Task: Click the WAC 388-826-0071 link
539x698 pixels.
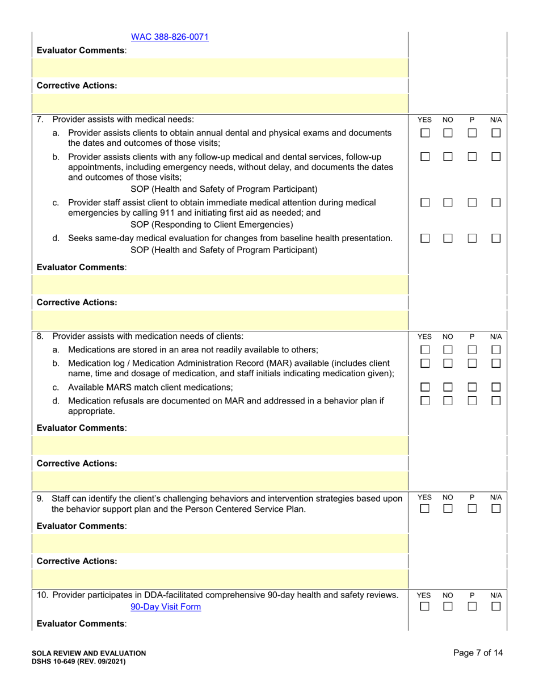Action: coord(170,37)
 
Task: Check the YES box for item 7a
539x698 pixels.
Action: coord(424,133)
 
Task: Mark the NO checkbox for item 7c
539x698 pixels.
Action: coord(448,203)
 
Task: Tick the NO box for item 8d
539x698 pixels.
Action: coord(448,401)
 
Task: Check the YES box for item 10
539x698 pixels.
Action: coord(424,608)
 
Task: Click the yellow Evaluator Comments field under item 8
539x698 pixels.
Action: coord(221,445)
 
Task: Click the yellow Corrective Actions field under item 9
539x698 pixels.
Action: coord(221,578)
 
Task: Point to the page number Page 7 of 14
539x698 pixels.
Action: coord(478,653)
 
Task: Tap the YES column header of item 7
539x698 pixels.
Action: coord(424,120)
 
